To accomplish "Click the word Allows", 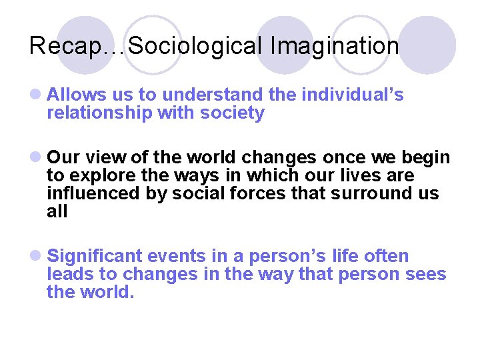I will (x=73, y=95).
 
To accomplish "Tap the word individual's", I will (x=353, y=95).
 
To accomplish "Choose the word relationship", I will (x=99, y=113).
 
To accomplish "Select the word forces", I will (x=267, y=194).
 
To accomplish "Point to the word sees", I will (x=428, y=275).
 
